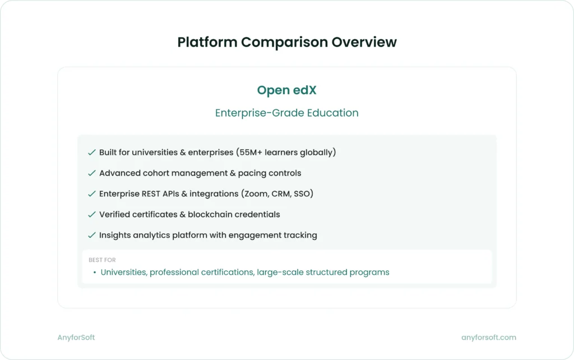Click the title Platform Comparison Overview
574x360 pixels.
[x=286, y=42]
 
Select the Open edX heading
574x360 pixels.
[x=286, y=90]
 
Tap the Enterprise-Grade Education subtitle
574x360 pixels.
[x=286, y=113]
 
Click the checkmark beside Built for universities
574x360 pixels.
[x=91, y=153]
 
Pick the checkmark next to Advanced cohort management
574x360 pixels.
[x=91, y=173]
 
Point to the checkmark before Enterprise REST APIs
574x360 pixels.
[x=91, y=194]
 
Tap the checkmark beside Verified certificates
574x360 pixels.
[x=91, y=215]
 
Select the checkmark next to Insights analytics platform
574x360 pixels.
[x=91, y=236]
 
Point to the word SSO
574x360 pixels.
[x=303, y=194]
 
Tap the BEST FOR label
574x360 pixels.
[x=102, y=260]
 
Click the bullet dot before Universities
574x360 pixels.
[x=95, y=273]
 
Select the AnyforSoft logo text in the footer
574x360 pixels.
[x=76, y=338]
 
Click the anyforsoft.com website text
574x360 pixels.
[x=488, y=338]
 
